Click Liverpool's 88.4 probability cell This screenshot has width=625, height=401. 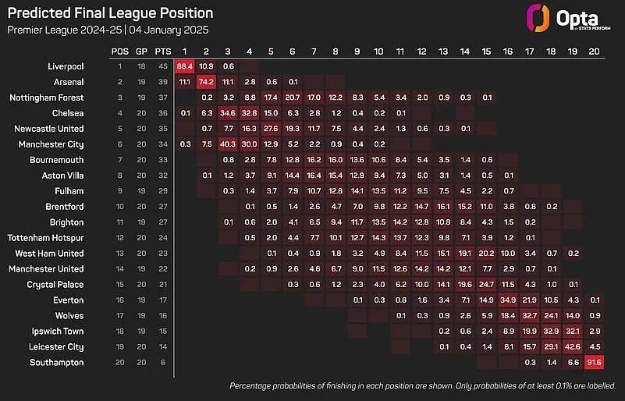[x=184, y=66]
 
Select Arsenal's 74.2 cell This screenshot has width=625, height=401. [x=206, y=82]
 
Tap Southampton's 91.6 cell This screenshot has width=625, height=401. [x=594, y=363]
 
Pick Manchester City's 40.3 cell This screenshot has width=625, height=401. [x=228, y=144]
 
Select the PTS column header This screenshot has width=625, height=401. [x=162, y=51]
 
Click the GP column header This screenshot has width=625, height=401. [x=141, y=51]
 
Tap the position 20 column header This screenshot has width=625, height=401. [x=594, y=51]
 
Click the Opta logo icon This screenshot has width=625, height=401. [x=537, y=18]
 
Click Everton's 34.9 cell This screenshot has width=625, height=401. [x=508, y=300]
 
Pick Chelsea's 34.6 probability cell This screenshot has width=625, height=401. [x=228, y=113]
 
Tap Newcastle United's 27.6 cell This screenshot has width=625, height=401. [x=271, y=129]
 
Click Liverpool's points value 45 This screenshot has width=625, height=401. [x=162, y=66]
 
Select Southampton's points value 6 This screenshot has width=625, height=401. [x=162, y=363]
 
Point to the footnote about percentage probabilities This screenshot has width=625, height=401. [x=423, y=386]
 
